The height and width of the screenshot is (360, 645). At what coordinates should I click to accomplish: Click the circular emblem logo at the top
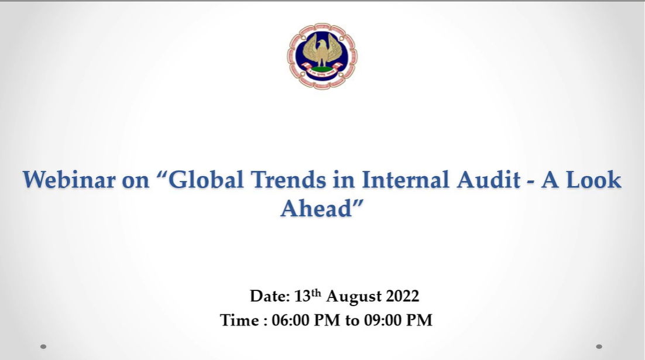322,56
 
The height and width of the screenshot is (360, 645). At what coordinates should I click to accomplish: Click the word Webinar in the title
68,180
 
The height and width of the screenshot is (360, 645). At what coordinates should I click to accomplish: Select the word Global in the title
206,180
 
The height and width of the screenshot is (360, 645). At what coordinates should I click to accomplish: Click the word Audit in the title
489,180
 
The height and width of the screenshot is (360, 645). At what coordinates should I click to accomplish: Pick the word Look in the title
594,180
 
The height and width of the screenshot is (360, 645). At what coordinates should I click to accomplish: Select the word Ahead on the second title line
316,208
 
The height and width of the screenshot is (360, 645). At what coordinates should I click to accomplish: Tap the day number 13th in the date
307,296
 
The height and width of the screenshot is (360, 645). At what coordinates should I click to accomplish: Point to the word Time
240,320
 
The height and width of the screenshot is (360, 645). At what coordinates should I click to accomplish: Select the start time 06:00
291,320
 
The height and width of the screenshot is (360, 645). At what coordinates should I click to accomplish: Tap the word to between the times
352,321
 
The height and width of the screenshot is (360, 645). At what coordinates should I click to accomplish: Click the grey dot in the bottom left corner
43,347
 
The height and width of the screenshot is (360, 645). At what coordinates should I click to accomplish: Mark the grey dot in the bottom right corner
599,347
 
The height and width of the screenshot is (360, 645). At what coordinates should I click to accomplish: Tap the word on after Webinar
135,181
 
